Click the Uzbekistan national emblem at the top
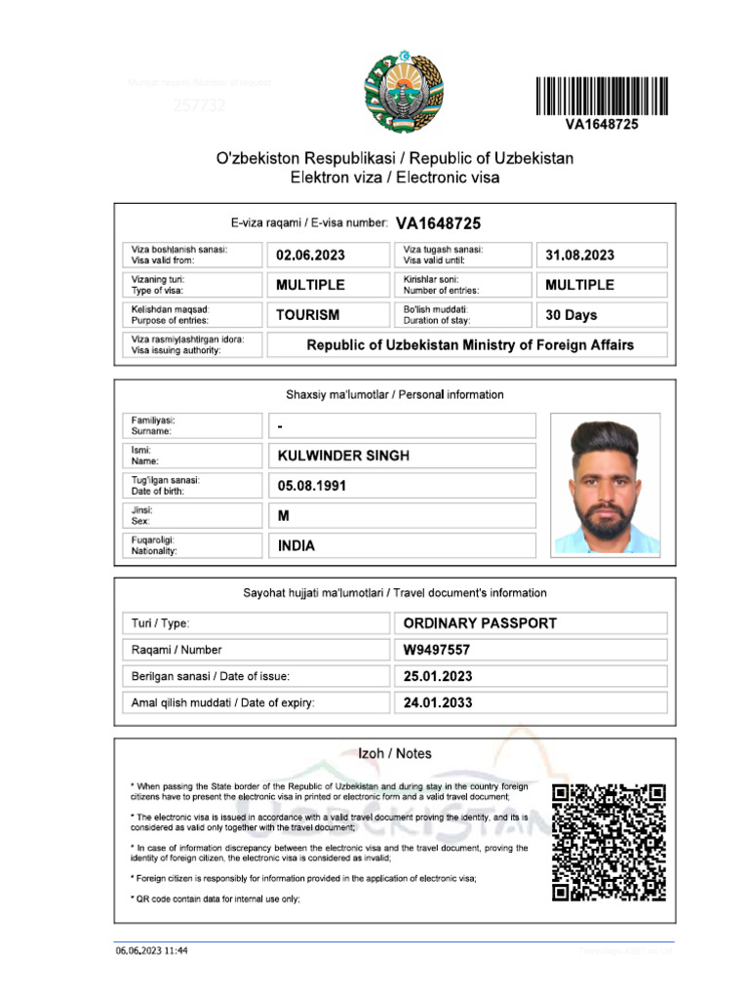(x=403, y=95)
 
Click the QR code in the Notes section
(x=609, y=841)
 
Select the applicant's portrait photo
(x=605, y=484)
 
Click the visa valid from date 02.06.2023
(x=310, y=256)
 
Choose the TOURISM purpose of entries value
(x=308, y=315)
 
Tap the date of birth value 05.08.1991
(x=312, y=486)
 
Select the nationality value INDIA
(x=296, y=546)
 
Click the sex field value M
(x=284, y=516)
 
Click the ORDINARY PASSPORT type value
(x=480, y=623)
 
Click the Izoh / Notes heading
(x=394, y=754)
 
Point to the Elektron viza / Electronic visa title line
(x=394, y=178)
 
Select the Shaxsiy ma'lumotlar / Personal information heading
(x=394, y=395)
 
